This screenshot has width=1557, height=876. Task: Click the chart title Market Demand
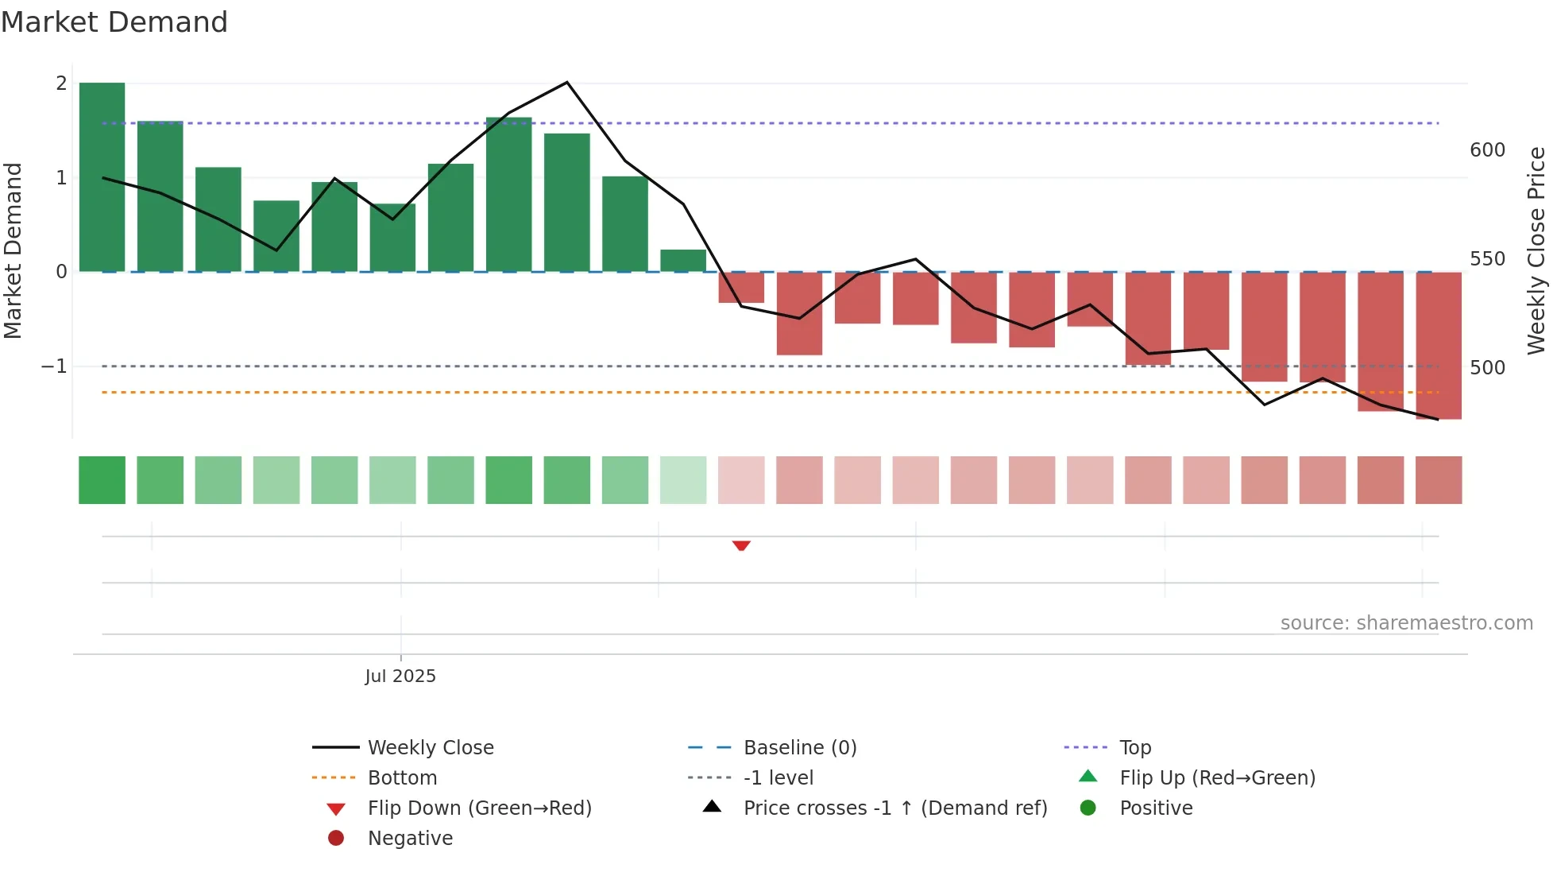tap(114, 22)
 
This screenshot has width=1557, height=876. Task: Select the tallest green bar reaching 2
tap(102, 176)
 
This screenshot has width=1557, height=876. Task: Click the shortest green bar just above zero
tap(683, 261)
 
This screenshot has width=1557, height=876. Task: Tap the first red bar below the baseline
tap(741, 288)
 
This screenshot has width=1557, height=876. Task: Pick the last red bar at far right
tap(1439, 345)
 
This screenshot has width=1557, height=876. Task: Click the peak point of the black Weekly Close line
tap(567, 83)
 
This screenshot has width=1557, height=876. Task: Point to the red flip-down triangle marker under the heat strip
tap(741, 545)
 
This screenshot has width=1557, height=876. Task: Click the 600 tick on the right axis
tap(1487, 150)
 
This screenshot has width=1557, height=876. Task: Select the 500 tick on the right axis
tap(1487, 368)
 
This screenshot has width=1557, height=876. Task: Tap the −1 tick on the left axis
tap(55, 366)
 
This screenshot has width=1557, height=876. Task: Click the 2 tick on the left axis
tap(61, 83)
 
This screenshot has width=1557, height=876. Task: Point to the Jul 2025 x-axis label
tap(400, 676)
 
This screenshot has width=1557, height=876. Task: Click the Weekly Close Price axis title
tap(1536, 250)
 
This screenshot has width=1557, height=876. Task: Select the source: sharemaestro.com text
tap(1406, 623)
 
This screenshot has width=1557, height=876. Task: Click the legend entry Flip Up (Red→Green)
tap(1217, 777)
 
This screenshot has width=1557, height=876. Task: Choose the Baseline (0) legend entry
tap(800, 747)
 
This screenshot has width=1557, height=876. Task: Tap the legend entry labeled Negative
tap(410, 838)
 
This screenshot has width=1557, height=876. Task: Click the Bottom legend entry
tap(402, 777)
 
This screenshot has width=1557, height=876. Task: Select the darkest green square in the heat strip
tap(102, 480)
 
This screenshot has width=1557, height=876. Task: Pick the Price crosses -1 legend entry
tap(894, 808)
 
